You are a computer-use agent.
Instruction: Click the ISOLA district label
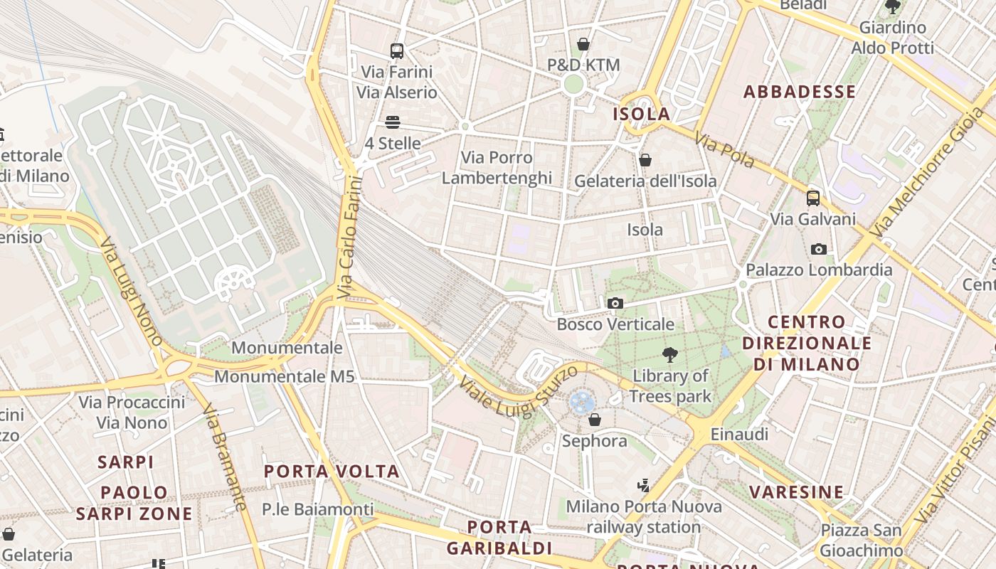641,114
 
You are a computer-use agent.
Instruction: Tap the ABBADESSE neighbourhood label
799,92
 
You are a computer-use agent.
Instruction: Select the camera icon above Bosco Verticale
615,304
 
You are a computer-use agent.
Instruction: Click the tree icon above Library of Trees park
669,354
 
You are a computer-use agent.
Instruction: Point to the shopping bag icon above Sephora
595,420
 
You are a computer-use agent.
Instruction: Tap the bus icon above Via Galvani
812,198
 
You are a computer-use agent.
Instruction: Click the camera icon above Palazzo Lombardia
819,249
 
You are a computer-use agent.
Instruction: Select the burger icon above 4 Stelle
393,122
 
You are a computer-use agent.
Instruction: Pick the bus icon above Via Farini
397,50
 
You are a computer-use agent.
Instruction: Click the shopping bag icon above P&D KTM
583,44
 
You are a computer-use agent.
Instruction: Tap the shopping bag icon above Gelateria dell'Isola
645,160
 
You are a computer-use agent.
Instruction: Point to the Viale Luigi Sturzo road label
517,392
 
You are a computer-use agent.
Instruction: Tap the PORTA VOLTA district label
332,472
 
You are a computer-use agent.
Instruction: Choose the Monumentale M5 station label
284,377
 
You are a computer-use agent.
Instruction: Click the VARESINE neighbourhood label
796,492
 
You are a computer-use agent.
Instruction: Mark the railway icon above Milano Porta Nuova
644,486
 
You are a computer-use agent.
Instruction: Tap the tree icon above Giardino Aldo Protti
892,7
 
